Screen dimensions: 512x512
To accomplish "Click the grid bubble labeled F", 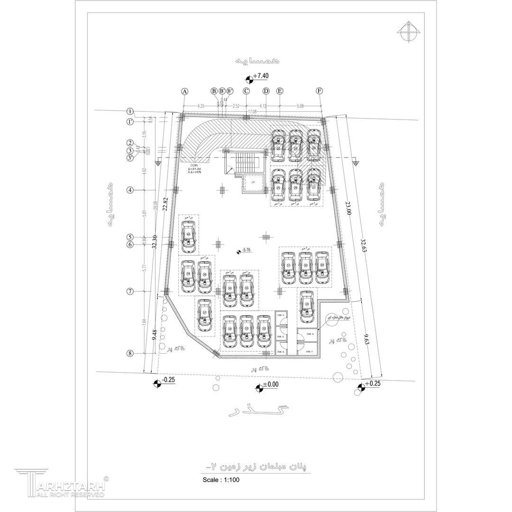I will pyautogui.click(x=320, y=91).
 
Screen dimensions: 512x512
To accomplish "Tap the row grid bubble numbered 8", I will pyautogui.click(x=130, y=353).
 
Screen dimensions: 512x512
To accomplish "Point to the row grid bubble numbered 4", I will pyautogui.click(x=130, y=190).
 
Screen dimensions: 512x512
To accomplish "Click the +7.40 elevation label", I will pyautogui.click(x=261, y=76).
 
